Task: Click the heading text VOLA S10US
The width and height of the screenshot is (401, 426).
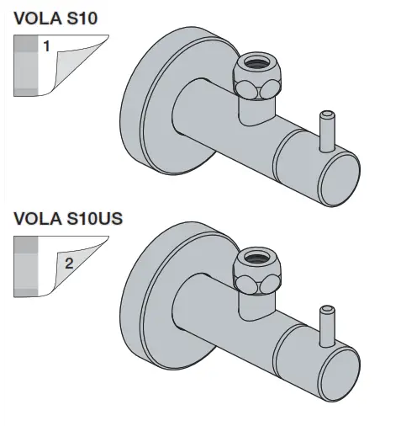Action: [x=68, y=220]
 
